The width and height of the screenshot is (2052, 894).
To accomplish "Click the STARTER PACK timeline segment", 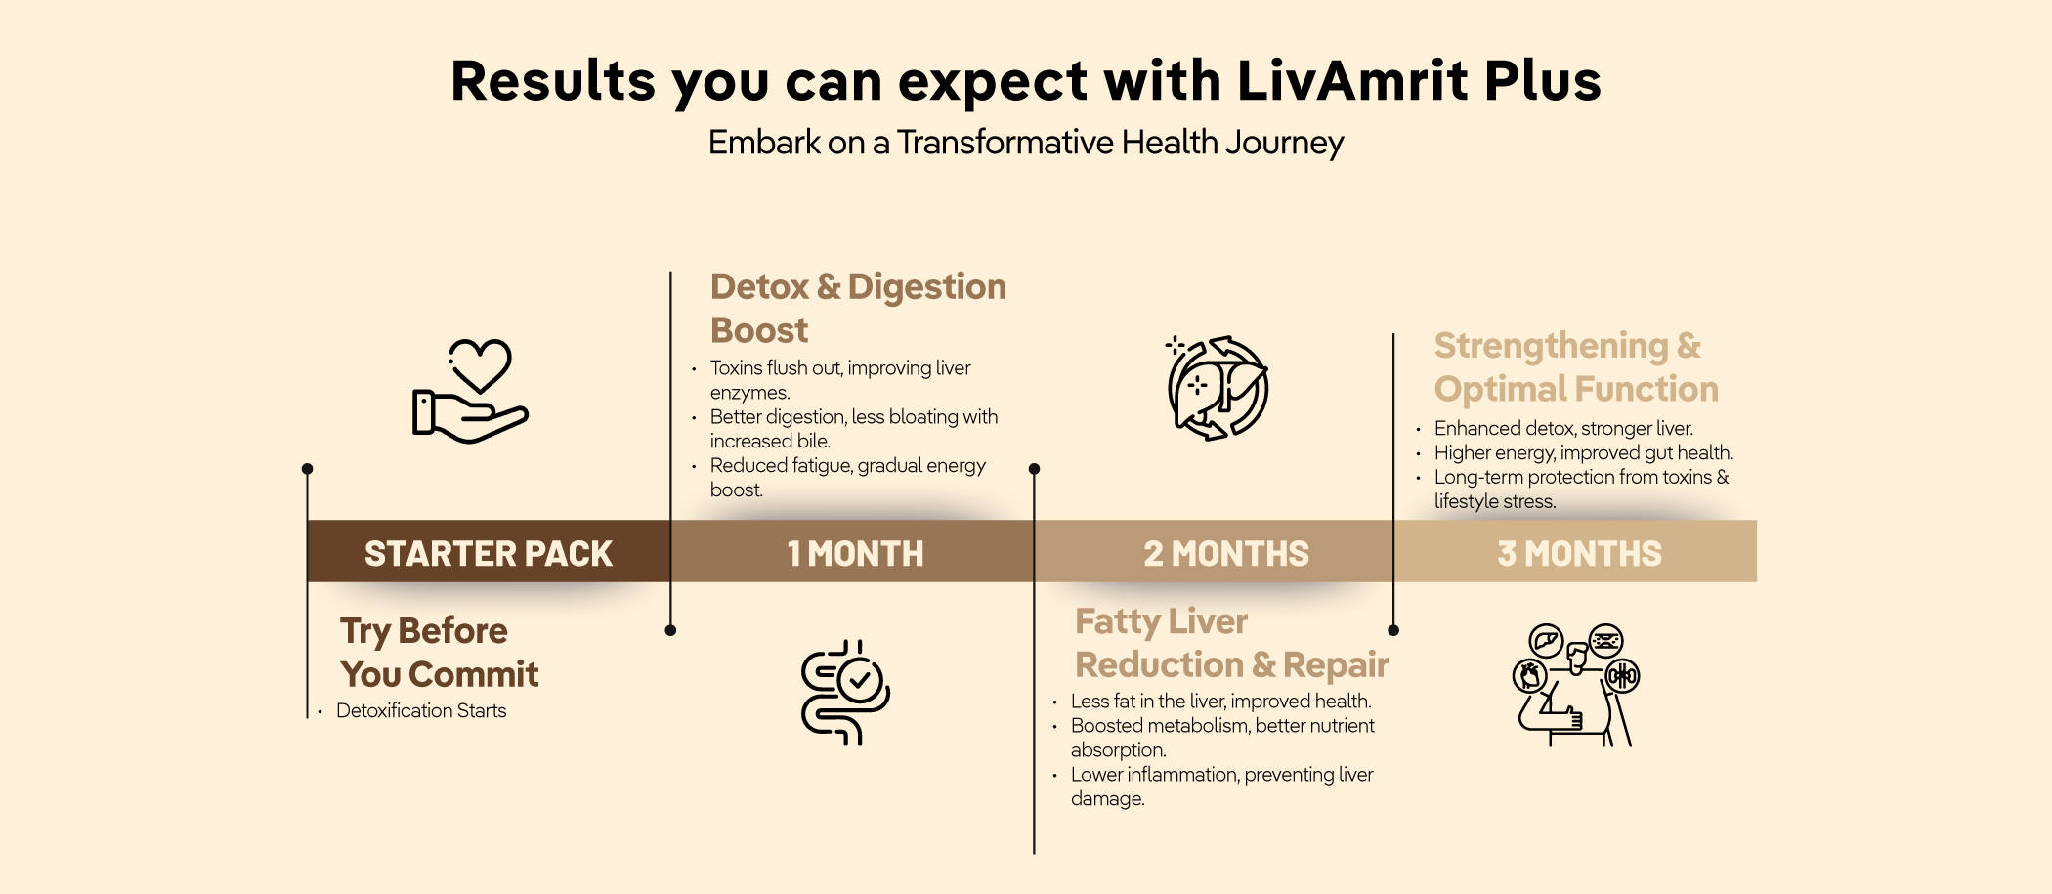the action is click(x=489, y=552).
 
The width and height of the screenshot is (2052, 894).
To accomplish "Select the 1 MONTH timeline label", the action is click(x=855, y=554).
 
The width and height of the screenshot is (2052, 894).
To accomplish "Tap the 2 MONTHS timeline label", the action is click(x=1226, y=554).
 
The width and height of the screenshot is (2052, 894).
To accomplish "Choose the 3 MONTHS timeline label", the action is click(x=1579, y=554).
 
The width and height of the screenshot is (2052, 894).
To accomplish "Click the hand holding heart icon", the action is click(x=470, y=391).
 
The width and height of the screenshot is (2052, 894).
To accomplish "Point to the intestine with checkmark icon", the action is click(x=845, y=693).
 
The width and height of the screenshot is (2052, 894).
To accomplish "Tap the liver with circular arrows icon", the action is click(x=1218, y=388).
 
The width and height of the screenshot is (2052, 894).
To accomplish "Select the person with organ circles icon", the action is click(x=1575, y=685).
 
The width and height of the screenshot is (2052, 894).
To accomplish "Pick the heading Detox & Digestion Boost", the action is click(x=858, y=308).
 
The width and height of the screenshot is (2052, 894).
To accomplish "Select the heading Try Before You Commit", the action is click(x=439, y=653).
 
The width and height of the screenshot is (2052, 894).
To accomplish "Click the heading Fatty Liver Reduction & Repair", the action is click(x=1231, y=643).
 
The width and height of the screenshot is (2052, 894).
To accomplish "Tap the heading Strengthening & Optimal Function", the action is click(x=1576, y=367).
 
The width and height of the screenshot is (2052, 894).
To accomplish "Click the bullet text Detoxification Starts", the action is click(x=421, y=711).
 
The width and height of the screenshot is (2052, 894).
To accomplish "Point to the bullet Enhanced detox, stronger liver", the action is click(x=1563, y=428).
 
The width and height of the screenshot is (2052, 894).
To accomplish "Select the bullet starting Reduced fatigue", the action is click(x=847, y=478).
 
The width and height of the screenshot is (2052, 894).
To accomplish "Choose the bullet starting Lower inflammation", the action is click(x=1221, y=787).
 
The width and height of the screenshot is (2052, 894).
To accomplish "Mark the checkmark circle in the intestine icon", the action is click(x=860, y=681).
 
